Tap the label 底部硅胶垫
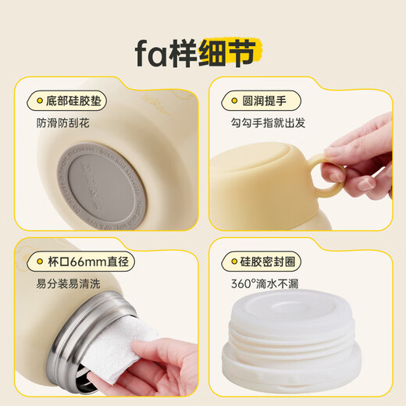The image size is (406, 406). coord(73,101)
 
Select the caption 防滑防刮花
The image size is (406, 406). coord(62,123)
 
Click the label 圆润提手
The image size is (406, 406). coord(264,101)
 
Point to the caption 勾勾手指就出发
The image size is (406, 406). coord(268,123)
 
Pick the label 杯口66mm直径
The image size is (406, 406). coord(88,262)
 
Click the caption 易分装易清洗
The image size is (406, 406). coord(68,283)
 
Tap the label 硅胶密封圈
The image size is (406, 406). coord(268,262)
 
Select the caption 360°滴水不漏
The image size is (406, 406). coord(265,283)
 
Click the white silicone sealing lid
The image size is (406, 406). coord(291,339)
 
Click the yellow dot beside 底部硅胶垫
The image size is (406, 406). coord(40,101)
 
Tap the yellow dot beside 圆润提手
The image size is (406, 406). coord(234,101)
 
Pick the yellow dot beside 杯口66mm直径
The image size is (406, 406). coord(40,262)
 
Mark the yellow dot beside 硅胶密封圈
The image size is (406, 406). coord(234,262)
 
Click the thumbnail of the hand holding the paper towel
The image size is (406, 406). coord(106,317)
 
